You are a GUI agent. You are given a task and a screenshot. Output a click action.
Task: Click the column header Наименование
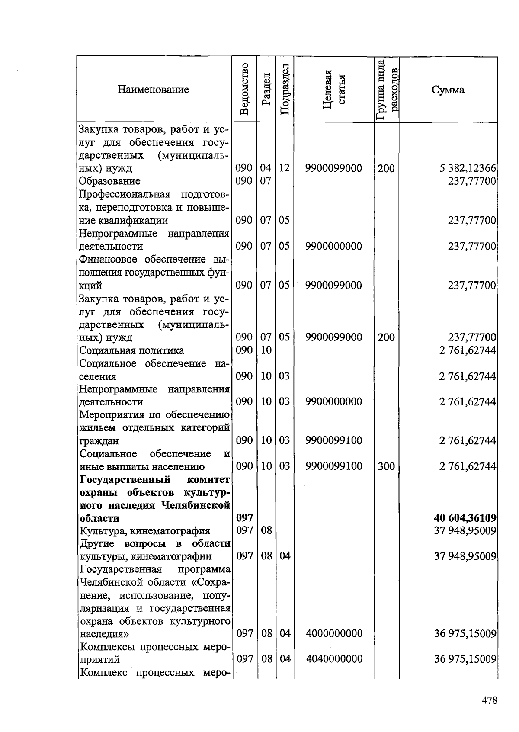click(153, 90)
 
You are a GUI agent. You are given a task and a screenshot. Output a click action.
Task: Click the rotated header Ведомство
click(244, 89)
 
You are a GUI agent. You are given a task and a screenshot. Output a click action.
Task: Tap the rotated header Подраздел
click(284, 89)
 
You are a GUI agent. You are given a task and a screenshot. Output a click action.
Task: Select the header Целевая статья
click(334, 89)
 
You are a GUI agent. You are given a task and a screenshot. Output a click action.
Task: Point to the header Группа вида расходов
click(386, 90)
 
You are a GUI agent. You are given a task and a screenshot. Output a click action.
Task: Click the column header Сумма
click(448, 90)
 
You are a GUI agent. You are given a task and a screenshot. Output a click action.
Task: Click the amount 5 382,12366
click(468, 168)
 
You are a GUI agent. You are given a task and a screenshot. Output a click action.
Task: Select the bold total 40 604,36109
click(465, 518)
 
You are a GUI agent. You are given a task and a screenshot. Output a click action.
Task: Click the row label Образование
click(109, 181)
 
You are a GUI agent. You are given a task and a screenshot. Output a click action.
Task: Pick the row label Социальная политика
click(131, 350)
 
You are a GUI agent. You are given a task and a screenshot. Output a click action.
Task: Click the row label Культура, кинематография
click(145, 530)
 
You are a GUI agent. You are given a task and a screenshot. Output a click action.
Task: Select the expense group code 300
click(386, 466)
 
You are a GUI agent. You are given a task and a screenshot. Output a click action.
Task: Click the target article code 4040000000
click(333, 659)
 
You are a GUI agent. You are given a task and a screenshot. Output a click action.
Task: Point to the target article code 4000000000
click(333, 633)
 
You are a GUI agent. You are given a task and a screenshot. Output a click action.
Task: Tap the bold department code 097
click(244, 518)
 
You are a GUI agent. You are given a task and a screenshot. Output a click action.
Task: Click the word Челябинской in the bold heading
click(198, 505)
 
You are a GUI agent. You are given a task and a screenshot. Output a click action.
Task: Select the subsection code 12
click(284, 168)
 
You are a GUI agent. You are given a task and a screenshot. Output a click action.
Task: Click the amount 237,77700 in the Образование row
click(471, 181)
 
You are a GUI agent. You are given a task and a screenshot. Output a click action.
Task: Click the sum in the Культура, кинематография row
click(465, 530)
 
